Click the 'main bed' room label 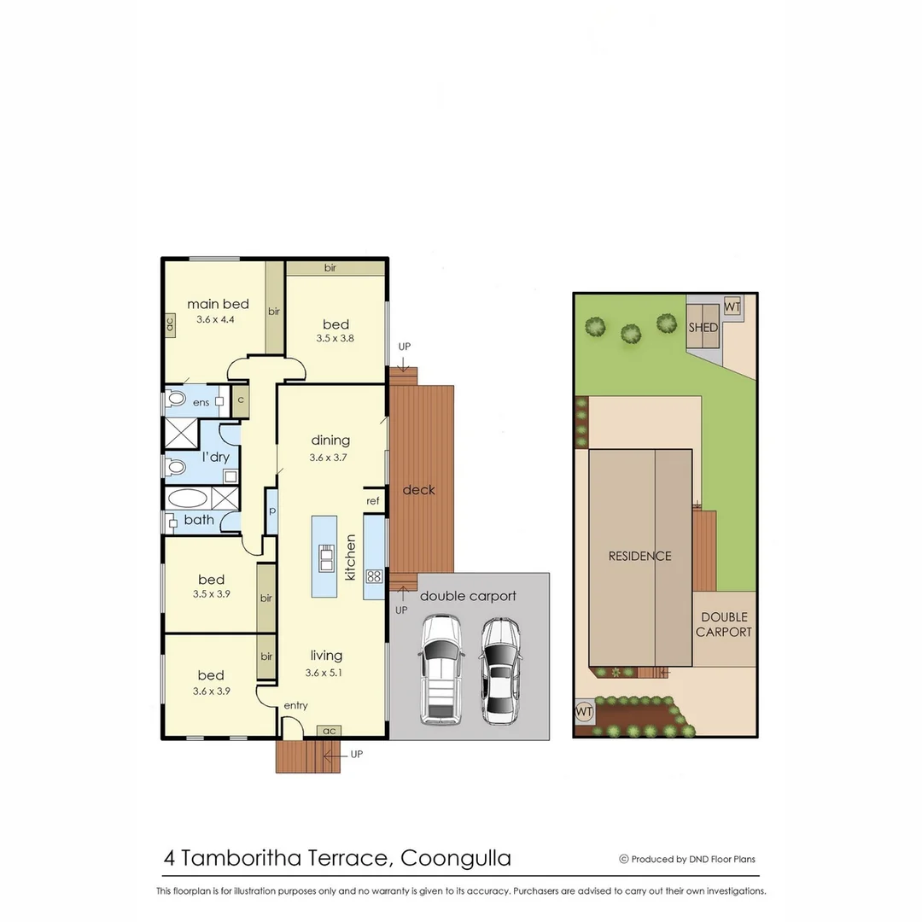218,304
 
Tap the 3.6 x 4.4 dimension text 215,319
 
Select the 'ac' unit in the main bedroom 170,324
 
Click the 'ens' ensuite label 201,402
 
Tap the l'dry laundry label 215,457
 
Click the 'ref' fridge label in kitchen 372,501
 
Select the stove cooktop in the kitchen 374,575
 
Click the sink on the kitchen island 326,558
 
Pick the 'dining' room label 330,441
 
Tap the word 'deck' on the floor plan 419,489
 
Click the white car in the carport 441,671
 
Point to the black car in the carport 499,671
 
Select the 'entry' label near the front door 296,705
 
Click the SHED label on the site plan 703,328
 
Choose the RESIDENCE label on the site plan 639,556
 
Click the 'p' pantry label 272,511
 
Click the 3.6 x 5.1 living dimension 326,672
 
